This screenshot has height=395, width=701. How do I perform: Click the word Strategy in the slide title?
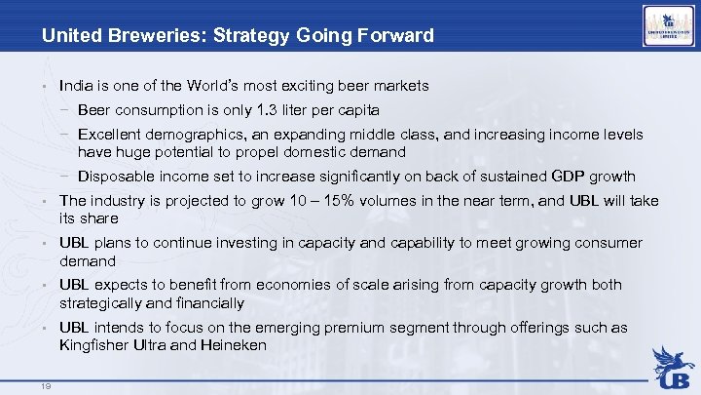pyautogui.click(x=231, y=36)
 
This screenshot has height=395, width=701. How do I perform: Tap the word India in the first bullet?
pyautogui.click(x=76, y=86)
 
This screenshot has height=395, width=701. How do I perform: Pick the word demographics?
pyautogui.click(x=199, y=135)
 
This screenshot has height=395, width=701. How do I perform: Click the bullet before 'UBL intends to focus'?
pyautogui.click(x=45, y=329)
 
